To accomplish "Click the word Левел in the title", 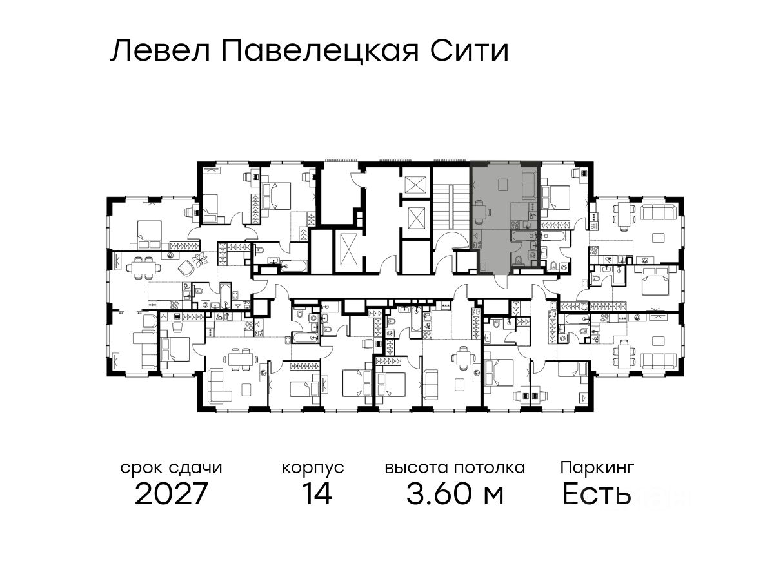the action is pyautogui.click(x=161, y=51).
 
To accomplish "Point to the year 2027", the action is pyautogui.click(x=171, y=493).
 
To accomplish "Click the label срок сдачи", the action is pyautogui.click(x=172, y=468).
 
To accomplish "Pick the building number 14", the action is pyautogui.click(x=317, y=493).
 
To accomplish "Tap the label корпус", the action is pyautogui.click(x=313, y=469).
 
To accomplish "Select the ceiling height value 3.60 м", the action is pyautogui.click(x=455, y=493).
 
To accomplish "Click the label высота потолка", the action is pyautogui.click(x=455, y=468).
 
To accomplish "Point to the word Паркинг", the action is pyautogui.click(x=597, y=468).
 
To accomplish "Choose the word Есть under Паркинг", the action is pyautogui.click(x=596, y=494).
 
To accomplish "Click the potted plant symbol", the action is pyautogui.click(x=201, y=260).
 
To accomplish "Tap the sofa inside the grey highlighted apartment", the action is pyautogui.click(x=530, y=185).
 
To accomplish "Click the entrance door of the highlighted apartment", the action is pyautogui.click(x=501, y=280).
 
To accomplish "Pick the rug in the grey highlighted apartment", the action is pyautogui.click(x=502, y=184).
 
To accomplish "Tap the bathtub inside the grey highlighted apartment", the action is pyautogui.click(x=523, y=235).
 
